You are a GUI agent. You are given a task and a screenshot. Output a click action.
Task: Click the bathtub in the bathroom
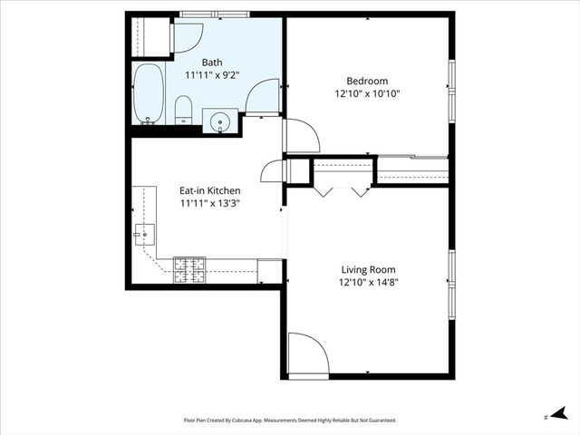(x=149, y=92)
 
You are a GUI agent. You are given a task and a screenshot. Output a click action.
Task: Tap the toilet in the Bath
(x=183, y=111)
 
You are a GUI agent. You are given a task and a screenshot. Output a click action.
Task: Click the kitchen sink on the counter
(x=143, y=235)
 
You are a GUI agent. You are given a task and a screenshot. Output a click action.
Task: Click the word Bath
(x=212, y=63)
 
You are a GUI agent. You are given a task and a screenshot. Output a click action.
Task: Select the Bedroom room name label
(x=367, y=79)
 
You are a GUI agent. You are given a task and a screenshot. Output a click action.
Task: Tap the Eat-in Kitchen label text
(x=210, y=190)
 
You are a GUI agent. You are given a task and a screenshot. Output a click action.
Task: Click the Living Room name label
(x=368, y=269)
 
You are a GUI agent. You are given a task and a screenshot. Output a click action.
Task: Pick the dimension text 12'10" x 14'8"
(x=368, y=282)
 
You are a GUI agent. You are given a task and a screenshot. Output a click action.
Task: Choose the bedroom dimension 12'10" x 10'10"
(x=367, y=92)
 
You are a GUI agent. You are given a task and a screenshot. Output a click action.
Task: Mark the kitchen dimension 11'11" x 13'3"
(x=210, y=204)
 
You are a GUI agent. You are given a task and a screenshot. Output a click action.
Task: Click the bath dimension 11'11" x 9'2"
(x=212, y=75)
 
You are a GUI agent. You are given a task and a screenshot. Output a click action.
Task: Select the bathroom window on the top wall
(x=214, y=14)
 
